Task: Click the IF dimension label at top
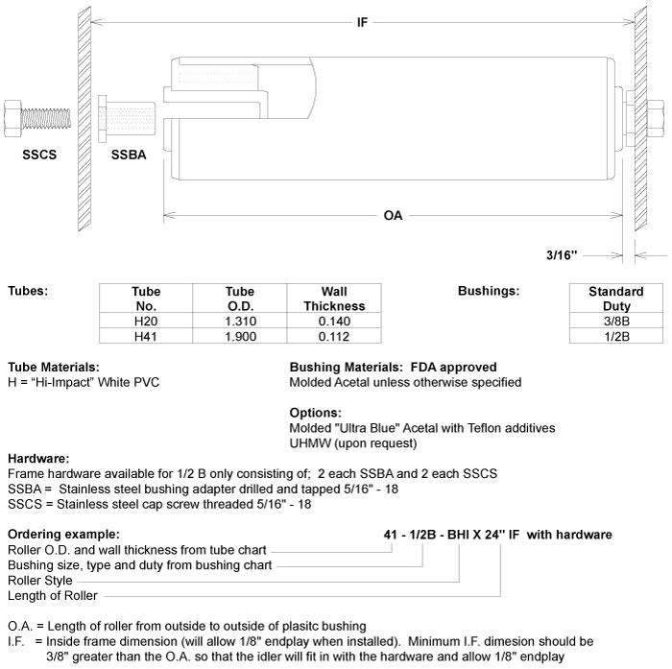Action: [362, 22]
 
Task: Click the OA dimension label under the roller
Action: [393, 216]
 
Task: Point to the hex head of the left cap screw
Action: [19, 116]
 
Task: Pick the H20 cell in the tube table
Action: [146, 321]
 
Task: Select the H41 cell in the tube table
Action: [146, 335]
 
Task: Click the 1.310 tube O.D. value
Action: [239, 321]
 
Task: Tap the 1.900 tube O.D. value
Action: [239, 335]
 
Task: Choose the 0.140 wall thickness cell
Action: [333, 321]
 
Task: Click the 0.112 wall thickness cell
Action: [333, 335]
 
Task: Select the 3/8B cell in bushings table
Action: [615, 321]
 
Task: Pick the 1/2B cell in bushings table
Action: [615, 335]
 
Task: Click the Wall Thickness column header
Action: [333, 299]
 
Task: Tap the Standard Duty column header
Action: [615, 299]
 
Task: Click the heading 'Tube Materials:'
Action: [53, 367]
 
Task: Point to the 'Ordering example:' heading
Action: [63, 534]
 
